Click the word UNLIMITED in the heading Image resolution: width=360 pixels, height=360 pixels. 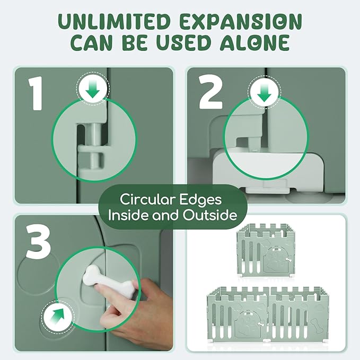(x=113, y=22)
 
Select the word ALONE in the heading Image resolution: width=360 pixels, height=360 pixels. (x=255, y=43)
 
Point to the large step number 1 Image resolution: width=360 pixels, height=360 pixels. (x=36, y=93)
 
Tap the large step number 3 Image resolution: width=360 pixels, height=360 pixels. (x=38, y=241)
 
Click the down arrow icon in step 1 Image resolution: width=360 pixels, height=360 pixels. (x=93, y=90)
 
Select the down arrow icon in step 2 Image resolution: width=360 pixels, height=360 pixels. (x=265, y=92)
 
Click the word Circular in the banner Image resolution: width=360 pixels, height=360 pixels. (x=147, y=200)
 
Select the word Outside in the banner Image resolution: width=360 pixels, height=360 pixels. (x=210, y=215)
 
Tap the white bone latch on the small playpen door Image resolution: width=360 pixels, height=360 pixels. (x=288, y=259)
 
